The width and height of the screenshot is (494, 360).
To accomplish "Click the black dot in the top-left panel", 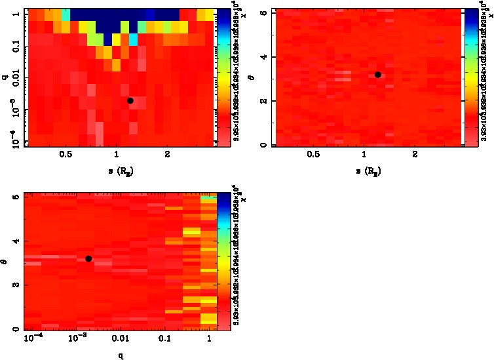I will (x=130, y=100).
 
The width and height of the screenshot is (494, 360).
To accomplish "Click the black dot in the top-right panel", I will (x=378, y=75).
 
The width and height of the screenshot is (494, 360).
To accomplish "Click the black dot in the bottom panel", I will (x=88, y=258).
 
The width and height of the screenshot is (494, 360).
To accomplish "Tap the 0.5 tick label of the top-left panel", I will (x=66, y=155).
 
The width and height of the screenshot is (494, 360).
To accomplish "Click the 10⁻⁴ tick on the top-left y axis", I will (x=13, y=140).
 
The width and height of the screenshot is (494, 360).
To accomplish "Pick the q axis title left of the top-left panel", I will (x=5, y=77).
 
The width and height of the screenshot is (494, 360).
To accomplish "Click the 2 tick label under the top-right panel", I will (x=415, y=155).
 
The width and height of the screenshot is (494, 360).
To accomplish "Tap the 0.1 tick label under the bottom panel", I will (x=166, y=339).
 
